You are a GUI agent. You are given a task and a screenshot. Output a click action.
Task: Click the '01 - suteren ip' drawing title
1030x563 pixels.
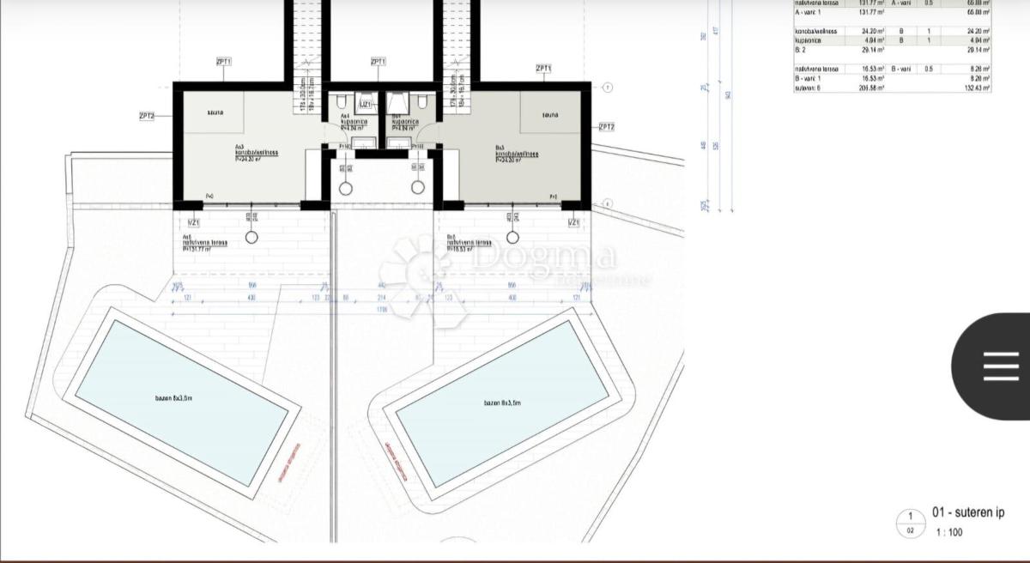[967, 513]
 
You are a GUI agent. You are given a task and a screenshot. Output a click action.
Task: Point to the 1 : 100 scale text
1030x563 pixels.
[948, 532]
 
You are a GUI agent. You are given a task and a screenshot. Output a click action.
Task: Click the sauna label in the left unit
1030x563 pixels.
[215, 113]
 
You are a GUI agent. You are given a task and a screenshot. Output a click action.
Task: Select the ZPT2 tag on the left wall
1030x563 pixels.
[147, 115]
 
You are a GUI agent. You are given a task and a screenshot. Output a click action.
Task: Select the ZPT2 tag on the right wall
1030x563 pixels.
[606, 127]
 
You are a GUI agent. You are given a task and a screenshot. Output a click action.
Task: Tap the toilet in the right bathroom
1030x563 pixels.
[423, 102]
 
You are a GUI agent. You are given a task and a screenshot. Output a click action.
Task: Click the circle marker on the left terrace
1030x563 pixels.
[252, 237]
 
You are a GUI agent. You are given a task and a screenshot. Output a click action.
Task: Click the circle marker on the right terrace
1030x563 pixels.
[512, 237]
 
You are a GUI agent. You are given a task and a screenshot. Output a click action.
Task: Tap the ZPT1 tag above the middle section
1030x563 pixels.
[379, 62]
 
